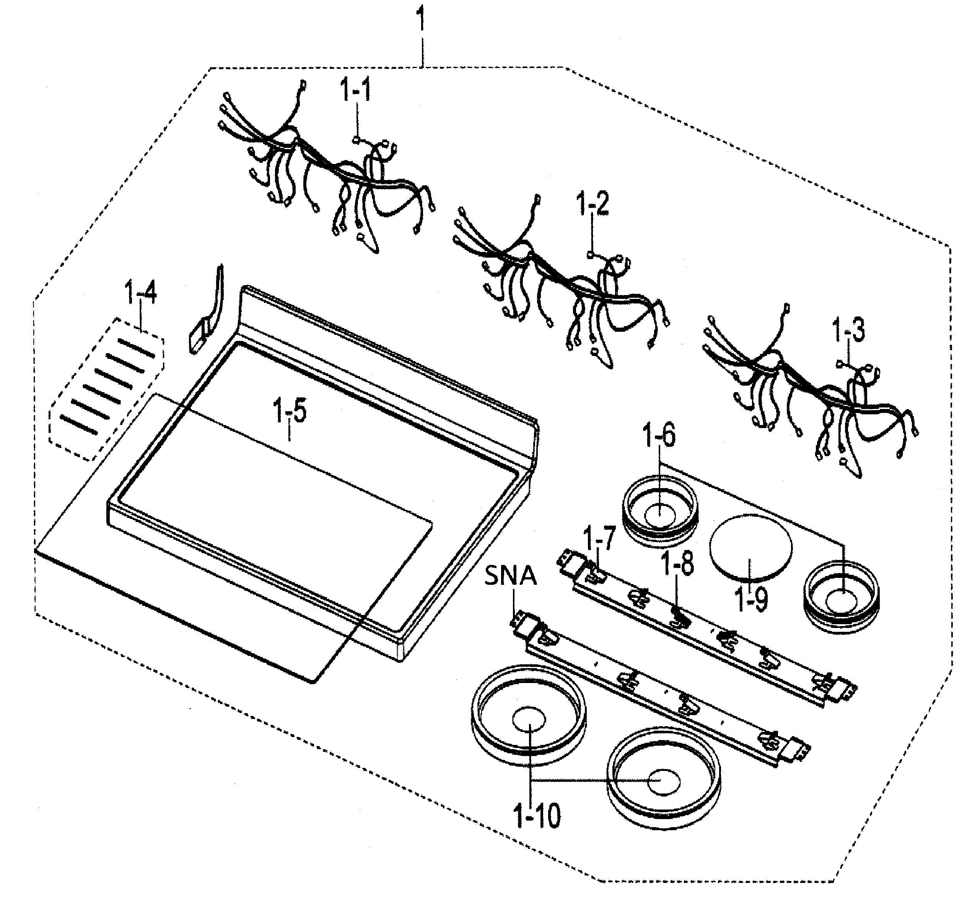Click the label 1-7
[x=598, y=539]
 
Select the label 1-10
[x=536, y=816]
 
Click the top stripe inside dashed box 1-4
[x=136, y=348]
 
